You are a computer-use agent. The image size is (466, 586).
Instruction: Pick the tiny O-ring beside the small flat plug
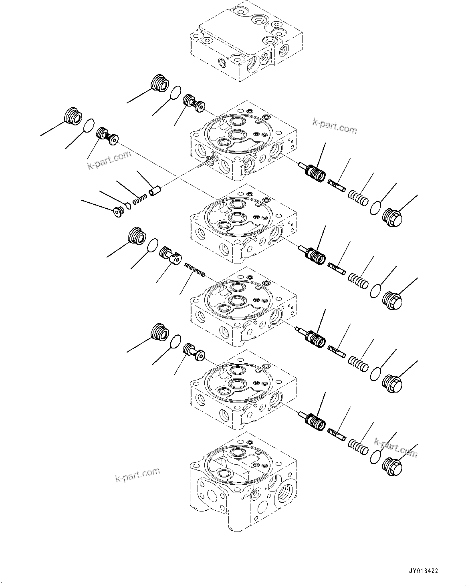128,206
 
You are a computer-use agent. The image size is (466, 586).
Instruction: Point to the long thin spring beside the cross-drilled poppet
195,269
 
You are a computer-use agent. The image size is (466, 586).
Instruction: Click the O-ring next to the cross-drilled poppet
152,245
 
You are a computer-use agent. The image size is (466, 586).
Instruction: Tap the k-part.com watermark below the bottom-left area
137,475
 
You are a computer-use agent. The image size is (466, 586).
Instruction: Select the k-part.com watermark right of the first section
335,127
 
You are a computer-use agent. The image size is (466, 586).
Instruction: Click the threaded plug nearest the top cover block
159,84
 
